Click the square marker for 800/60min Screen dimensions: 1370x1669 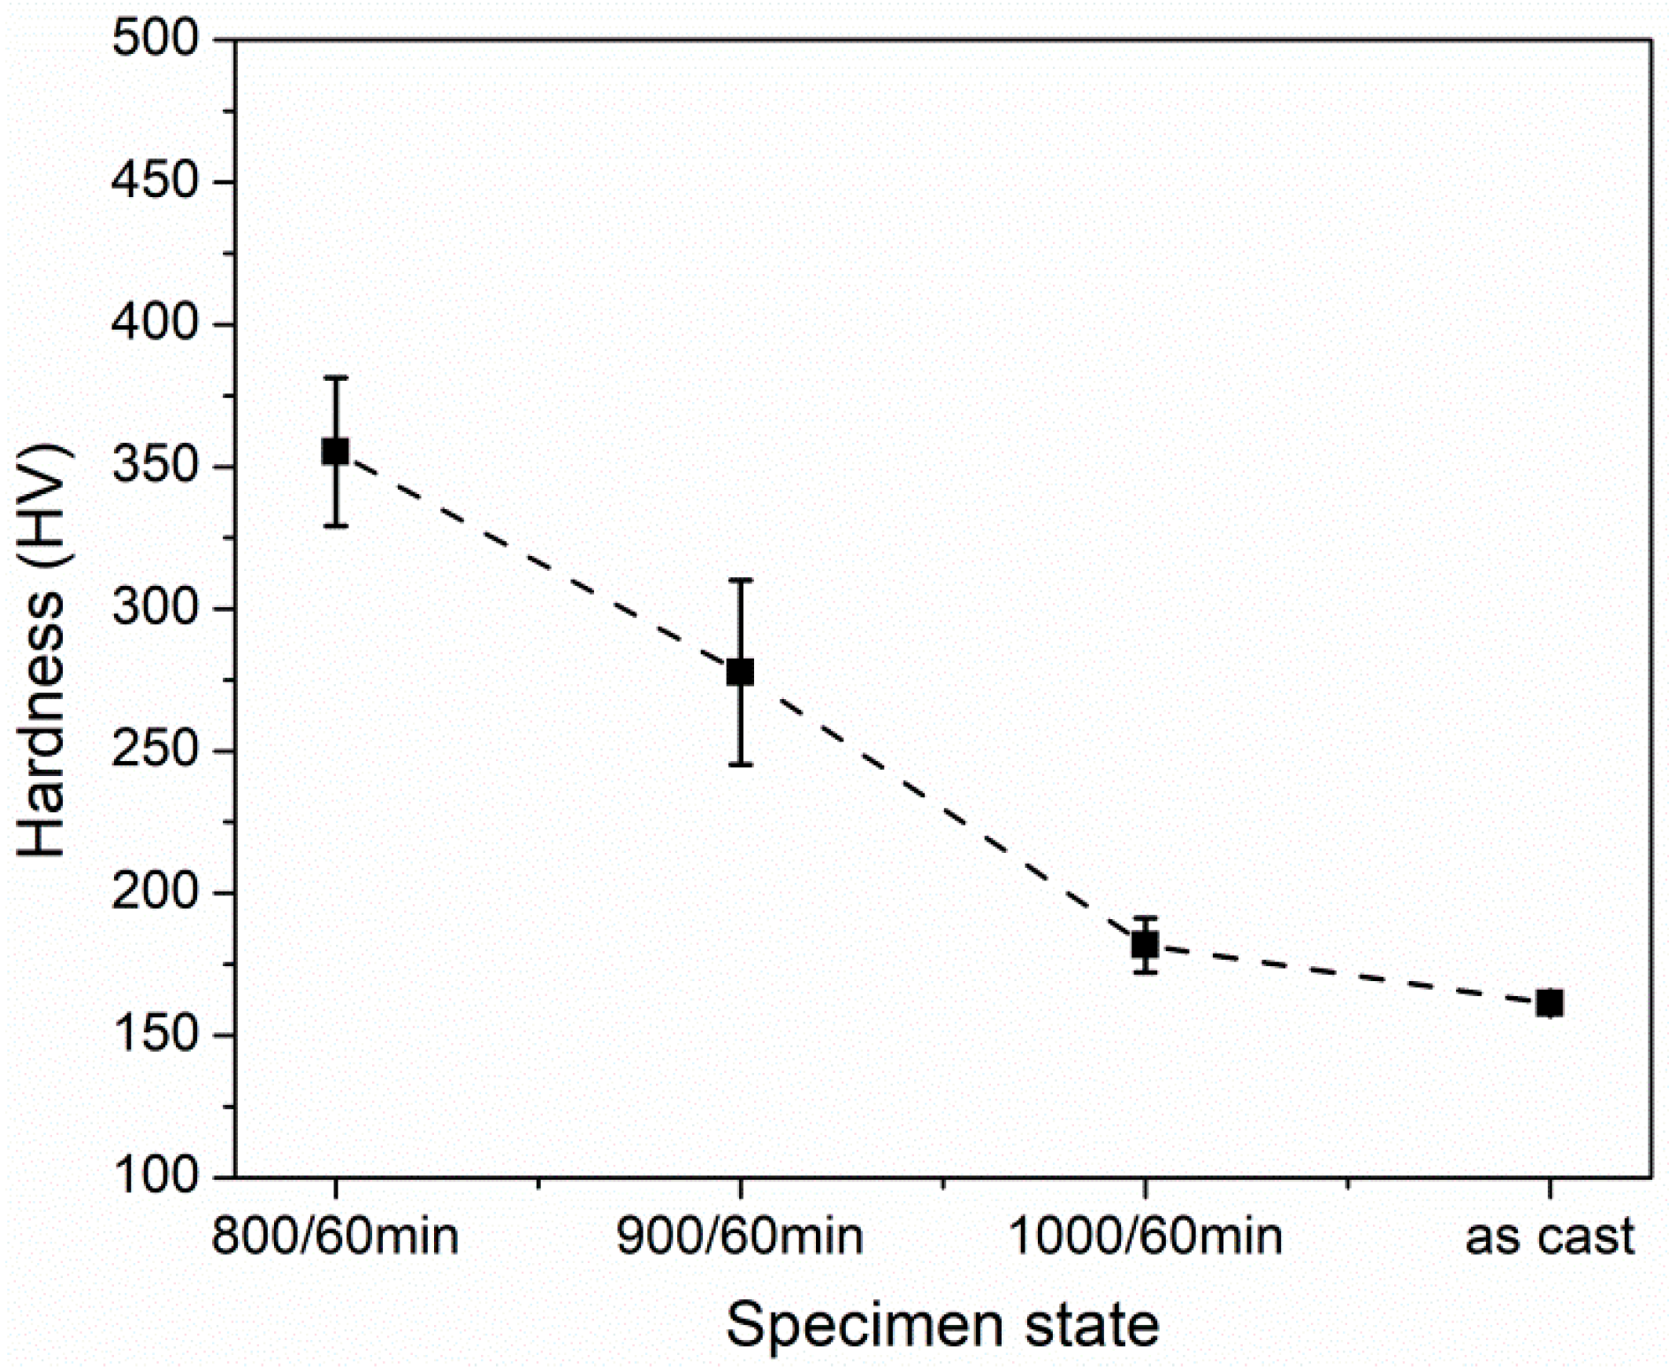(335, 452)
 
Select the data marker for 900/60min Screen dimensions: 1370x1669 (740, 672)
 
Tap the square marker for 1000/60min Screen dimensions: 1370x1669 (1145, 945)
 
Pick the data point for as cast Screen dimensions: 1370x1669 (1549, 1003)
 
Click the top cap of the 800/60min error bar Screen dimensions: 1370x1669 (335, 377)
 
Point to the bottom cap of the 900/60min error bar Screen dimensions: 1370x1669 (740, 765)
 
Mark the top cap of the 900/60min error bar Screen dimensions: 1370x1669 (740, 580)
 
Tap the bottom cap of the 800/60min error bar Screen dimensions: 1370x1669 (335, 526)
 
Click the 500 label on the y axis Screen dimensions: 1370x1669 (156, 41)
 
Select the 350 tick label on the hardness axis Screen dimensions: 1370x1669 (156, 467)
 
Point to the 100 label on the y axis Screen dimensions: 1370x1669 (156, 1177)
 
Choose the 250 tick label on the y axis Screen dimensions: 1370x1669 (156, 751)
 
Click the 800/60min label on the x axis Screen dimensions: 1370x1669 (335, 1237)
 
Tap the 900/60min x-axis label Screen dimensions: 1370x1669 (740, 1237)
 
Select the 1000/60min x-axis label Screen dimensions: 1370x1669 (1145, 1237)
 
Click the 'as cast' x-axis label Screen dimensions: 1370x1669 (1549, 1237)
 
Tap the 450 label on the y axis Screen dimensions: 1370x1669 (156, 183)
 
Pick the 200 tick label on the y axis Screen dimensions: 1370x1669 (156, 894)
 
